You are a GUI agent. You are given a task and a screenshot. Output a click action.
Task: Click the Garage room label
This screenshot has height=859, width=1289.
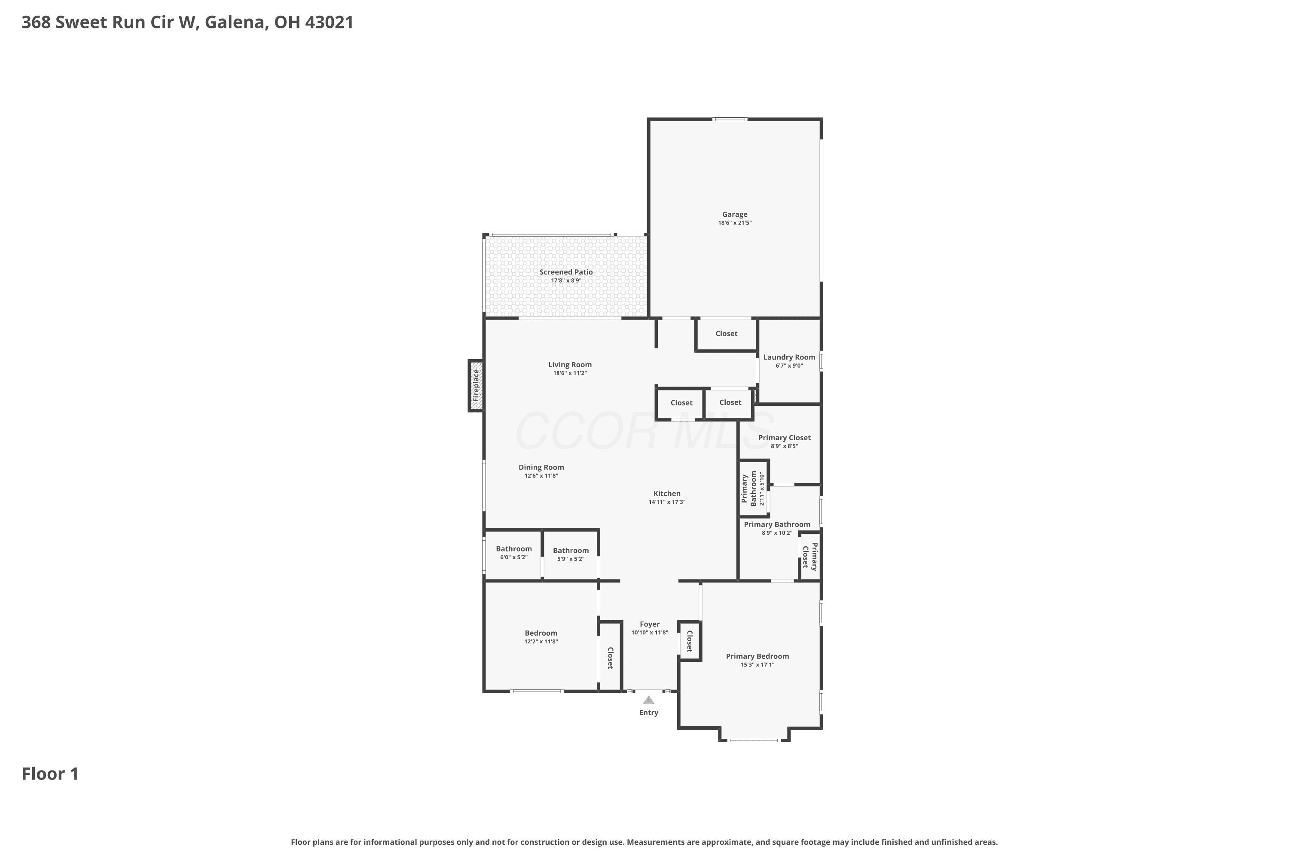(734, 215)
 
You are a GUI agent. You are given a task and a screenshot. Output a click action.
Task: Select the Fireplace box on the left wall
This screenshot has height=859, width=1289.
(476, 385)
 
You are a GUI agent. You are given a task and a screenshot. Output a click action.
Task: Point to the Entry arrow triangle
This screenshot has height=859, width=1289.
(649, 700)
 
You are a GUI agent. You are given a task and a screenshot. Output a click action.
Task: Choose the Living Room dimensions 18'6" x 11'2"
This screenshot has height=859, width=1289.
(570, 373)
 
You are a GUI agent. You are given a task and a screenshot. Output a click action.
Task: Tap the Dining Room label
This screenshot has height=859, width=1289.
(541, 467)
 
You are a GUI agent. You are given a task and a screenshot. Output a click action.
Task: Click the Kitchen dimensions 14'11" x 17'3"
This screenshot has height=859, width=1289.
(667, 502)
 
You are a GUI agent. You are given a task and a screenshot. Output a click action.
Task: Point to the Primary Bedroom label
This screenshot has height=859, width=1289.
(758, 656)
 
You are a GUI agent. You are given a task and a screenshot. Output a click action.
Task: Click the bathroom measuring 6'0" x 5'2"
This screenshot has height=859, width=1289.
(513, 555)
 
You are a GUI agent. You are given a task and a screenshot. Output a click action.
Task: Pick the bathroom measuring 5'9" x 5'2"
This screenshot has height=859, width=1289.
(571, 555)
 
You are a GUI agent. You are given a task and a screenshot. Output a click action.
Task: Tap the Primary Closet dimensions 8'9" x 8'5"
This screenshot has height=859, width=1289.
(784, 446)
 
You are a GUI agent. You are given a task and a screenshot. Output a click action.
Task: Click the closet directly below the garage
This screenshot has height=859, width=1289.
(726, 334)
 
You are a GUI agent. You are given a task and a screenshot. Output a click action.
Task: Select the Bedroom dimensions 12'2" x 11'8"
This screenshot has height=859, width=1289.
(541, 642)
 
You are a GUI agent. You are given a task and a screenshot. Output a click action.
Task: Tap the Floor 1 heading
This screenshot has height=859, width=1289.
(50, 774)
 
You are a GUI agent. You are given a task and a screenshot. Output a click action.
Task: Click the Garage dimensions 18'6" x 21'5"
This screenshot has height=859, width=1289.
(734, 223)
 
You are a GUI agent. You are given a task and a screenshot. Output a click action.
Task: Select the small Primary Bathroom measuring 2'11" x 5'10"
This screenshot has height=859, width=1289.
(753, 488)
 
